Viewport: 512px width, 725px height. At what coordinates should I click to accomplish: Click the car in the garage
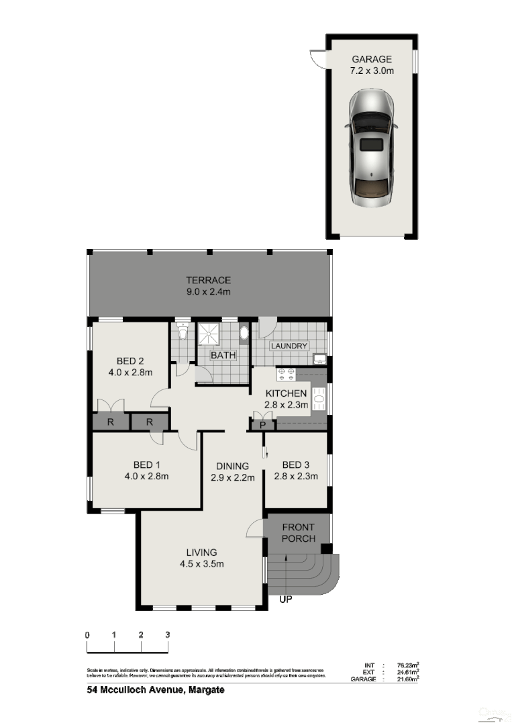372,149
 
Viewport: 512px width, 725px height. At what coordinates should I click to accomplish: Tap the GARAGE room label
372,60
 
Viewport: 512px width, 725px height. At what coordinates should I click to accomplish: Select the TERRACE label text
209,280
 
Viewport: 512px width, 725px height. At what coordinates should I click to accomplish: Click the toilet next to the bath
183,333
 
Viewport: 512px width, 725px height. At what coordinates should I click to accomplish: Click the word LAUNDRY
289,346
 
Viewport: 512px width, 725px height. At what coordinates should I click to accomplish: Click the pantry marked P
262,424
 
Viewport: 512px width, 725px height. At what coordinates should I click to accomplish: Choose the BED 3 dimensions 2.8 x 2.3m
296,477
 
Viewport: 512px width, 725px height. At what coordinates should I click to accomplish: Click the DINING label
233,466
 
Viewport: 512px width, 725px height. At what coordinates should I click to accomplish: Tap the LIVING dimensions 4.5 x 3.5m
201,564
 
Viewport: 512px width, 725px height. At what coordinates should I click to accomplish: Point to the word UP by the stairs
286,599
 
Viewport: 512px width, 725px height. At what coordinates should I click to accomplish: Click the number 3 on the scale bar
167,634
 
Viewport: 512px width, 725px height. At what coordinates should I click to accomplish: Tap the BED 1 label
146,465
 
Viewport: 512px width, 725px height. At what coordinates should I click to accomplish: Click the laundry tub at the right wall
320,360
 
